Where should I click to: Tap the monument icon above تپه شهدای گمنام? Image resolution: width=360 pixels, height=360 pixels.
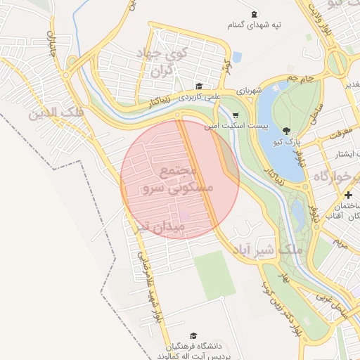click(254, 14)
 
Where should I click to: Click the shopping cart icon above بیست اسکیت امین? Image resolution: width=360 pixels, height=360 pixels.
click(235, 115)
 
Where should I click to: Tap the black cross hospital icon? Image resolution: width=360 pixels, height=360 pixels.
click(349, 195)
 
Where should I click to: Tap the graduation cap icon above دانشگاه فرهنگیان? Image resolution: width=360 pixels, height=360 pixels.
click(193, 336)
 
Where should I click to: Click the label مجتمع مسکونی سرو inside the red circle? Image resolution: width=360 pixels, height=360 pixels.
click(171, 181)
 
